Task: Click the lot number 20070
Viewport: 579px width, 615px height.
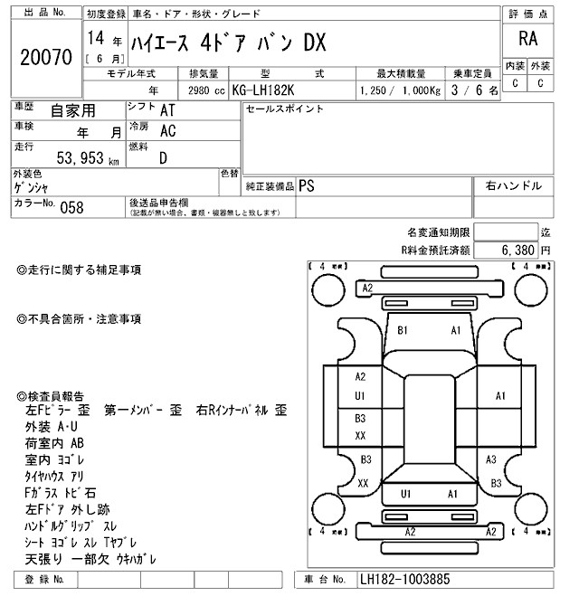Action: tap(45, 58)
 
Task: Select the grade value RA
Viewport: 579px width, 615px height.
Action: tap(525, 39)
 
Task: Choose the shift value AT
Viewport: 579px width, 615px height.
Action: tap(167, 109)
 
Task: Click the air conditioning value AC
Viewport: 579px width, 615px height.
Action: tap(167, 130)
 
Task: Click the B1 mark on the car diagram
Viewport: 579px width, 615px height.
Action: tap(403, 329)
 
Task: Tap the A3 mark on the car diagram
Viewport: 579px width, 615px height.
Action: tap(491, 459)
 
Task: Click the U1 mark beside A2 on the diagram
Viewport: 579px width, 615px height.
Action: tap(359, 396)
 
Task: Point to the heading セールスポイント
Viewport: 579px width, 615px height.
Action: tap(284, 109)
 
